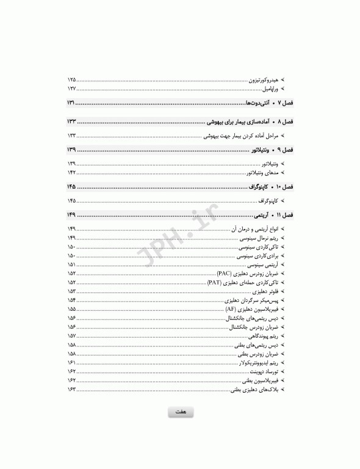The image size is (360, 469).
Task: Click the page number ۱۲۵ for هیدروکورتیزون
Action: (x=72, y=79)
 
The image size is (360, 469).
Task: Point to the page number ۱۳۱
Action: (x=71, y=103)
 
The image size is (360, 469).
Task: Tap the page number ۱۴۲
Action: (x=72, y=173)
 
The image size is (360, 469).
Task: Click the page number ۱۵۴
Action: (x=72, y=300)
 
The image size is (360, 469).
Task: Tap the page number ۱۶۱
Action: (x=72, y=362)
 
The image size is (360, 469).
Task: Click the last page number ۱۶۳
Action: (x=72, y=388)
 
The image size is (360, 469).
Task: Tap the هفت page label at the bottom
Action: (x=180, y=413)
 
